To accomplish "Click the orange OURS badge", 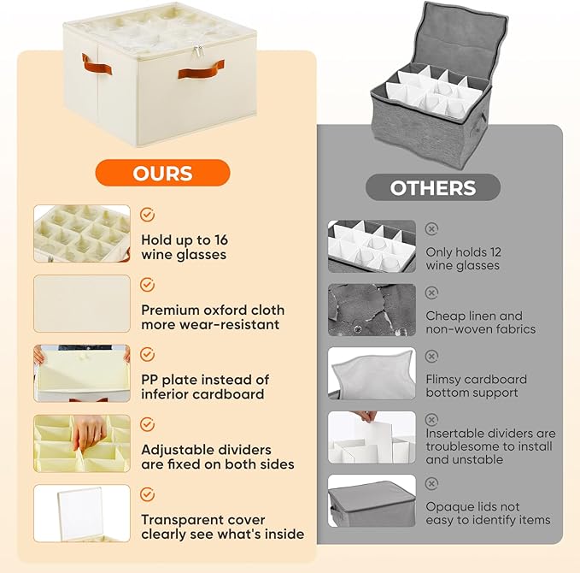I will pyautogui.click(x=162, y=173).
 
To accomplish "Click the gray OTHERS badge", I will pyautogui.click(x=433, y=187).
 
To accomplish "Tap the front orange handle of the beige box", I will pyautogui.click(x=202, y=69).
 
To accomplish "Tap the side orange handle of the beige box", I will pyautogui.click(x=86, y=63).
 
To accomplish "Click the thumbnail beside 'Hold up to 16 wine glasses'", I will pyautogui.click(x=82, y=233).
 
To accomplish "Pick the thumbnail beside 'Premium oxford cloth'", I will pyautogui.click(x=82, y=303).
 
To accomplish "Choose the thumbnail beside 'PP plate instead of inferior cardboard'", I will pyautogui.click(x=82, y=373).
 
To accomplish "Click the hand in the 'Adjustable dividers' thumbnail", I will pyautogui.click(x=90, y=434).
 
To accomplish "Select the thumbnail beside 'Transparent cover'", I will pyautogui.click(x=82, y=513).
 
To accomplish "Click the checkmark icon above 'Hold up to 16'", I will pyautogui.click(x=147, y=215).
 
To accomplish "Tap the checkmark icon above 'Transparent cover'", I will pyautogui.click(x=147, y=494).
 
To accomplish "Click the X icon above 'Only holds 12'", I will pyautogui.click(x=431, y=228).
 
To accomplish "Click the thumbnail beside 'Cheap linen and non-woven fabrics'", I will pyautogui.click(x=372, y=310).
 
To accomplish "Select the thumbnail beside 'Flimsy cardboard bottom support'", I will pyautogui.click(x=372, y=373).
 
